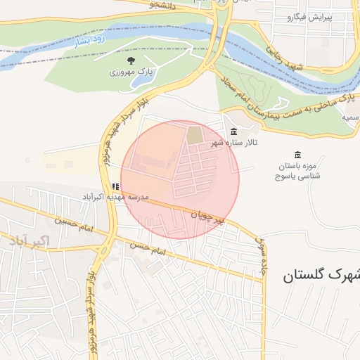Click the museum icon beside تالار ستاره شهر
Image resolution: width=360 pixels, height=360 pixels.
(233, 132)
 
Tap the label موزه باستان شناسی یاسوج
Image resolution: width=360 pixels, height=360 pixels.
(297, 169)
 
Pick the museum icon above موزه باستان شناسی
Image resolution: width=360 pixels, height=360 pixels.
(297, 155)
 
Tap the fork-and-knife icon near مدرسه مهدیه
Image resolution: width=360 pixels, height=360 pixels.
(115, 187)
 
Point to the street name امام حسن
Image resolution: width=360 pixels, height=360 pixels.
(146, 248)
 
